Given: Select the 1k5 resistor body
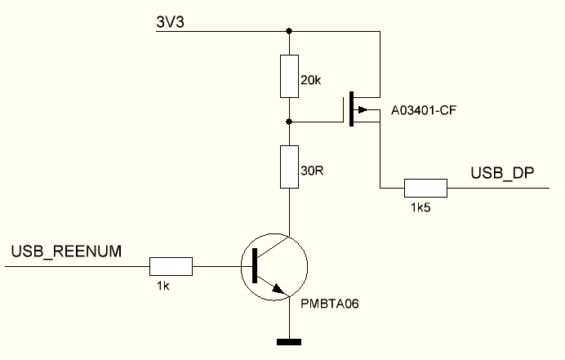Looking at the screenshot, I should [x=425, y=189].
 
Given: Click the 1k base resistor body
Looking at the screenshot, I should [x=171, y=266].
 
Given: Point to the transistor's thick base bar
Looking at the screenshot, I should [x=255, y=266].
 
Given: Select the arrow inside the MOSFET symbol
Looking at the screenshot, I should [x=364, y=110].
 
